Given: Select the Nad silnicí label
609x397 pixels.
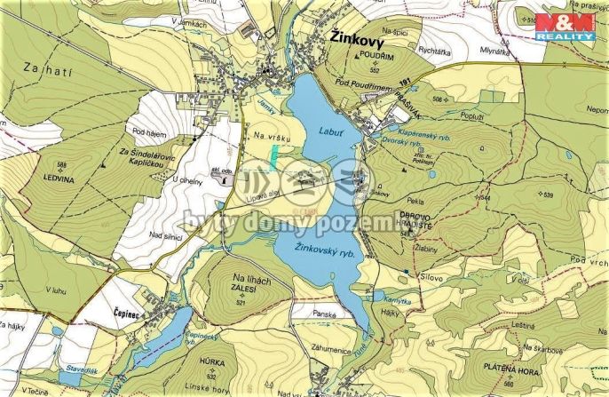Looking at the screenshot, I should tap(168, 234).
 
